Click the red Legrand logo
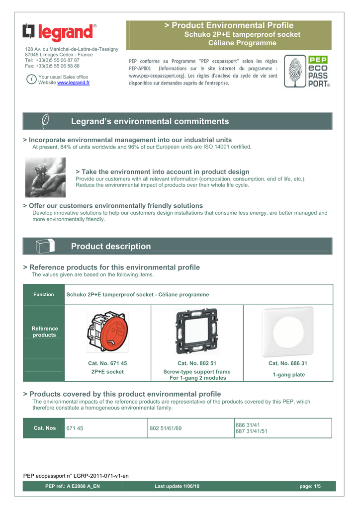click(x=59, y=33)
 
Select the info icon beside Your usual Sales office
click(x=31, y=80)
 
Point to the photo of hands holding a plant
click(x=45, y=177)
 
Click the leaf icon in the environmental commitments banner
click(x=45, y=121)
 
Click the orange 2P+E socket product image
click(x=107, y=332)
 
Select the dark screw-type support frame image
click(x=196, y=331)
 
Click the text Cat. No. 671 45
click(x=107, y=363)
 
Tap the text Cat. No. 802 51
click(x=197, y=363)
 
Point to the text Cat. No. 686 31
click(x=288, y=363)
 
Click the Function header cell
click(x=44, y=295)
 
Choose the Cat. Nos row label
click(x=44, y=428)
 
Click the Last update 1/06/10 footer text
click(x=177, y=486)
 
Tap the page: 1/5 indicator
click(x=310, y=486)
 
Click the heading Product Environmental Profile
click(x=229, y=25)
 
